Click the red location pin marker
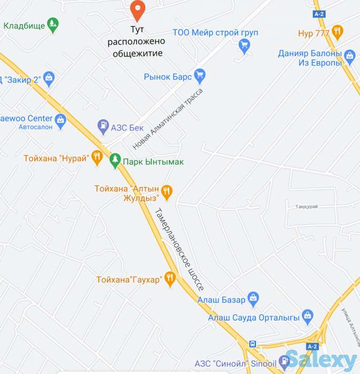click(x=138, y=9)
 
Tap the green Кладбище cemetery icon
click(x=52, y=25)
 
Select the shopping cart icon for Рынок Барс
click(x=200, y=76)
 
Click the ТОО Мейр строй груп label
click(x=216, y=33)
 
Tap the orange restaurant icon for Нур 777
click(x=337, y=33)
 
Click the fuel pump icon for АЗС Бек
click(x=102, y=127)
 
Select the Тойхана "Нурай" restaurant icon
click(x=97, y=158)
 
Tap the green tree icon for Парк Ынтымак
click(x=115, y=161)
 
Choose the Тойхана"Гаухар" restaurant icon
click(x=170, y=278)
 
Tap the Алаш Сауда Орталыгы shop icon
click(x=307, y=316)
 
